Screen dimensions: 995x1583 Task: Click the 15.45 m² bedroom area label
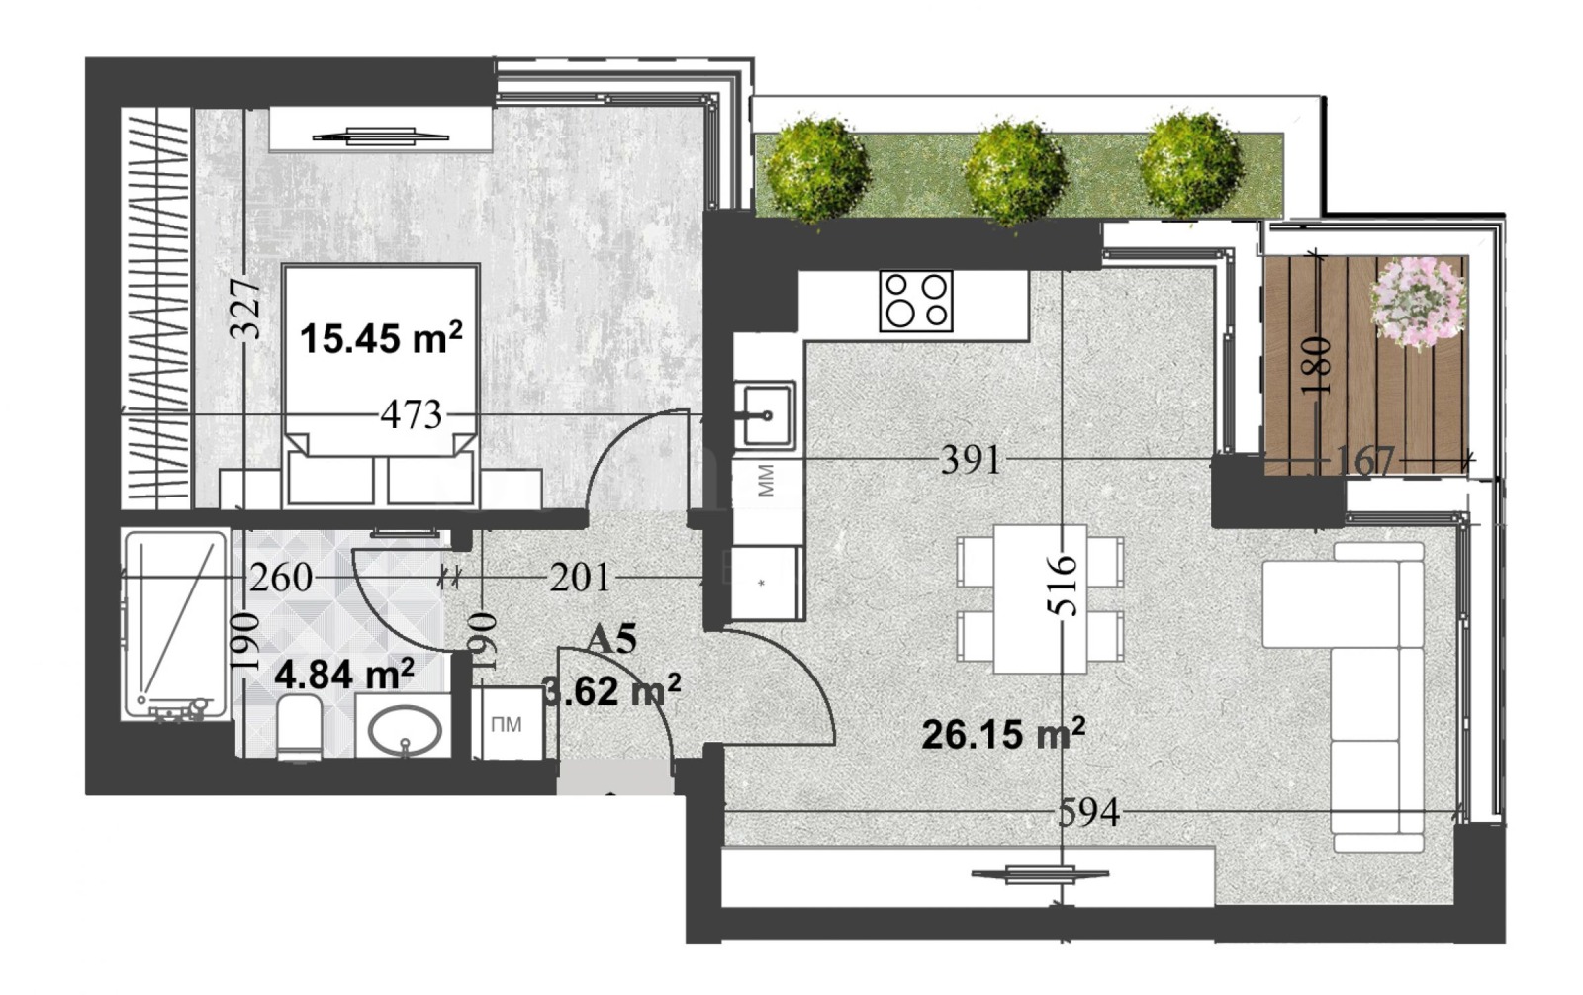(380, 339)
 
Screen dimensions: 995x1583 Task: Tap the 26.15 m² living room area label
(1002, 735)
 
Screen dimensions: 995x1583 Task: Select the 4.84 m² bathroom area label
(343, 676)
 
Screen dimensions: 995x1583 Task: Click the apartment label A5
(610, 640)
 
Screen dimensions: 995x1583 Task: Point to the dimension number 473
(411, 414)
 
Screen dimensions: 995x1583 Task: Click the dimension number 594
(1088, 813)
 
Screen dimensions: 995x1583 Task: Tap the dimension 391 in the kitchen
(971, 460)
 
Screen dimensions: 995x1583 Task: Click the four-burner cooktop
(915, 301)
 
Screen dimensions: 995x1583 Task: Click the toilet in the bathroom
(299, 728)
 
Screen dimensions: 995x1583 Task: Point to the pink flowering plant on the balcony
(1417, 301)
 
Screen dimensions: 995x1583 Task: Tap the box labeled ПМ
(507, 725)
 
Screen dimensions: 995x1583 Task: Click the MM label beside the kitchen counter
(766, 482)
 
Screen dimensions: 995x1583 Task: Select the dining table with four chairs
(1039, 599)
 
